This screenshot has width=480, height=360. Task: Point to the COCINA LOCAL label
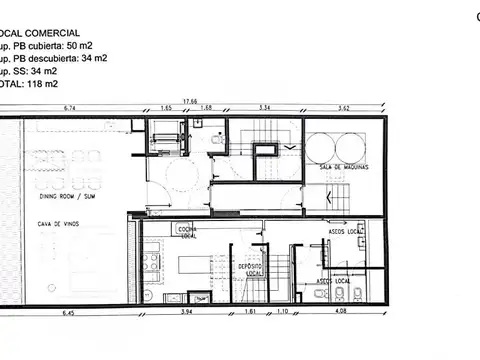(x=187, y=231)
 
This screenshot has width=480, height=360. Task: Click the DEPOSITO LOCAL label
(x=251, y=269)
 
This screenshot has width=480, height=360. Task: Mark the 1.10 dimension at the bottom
(x=282, y=313)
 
